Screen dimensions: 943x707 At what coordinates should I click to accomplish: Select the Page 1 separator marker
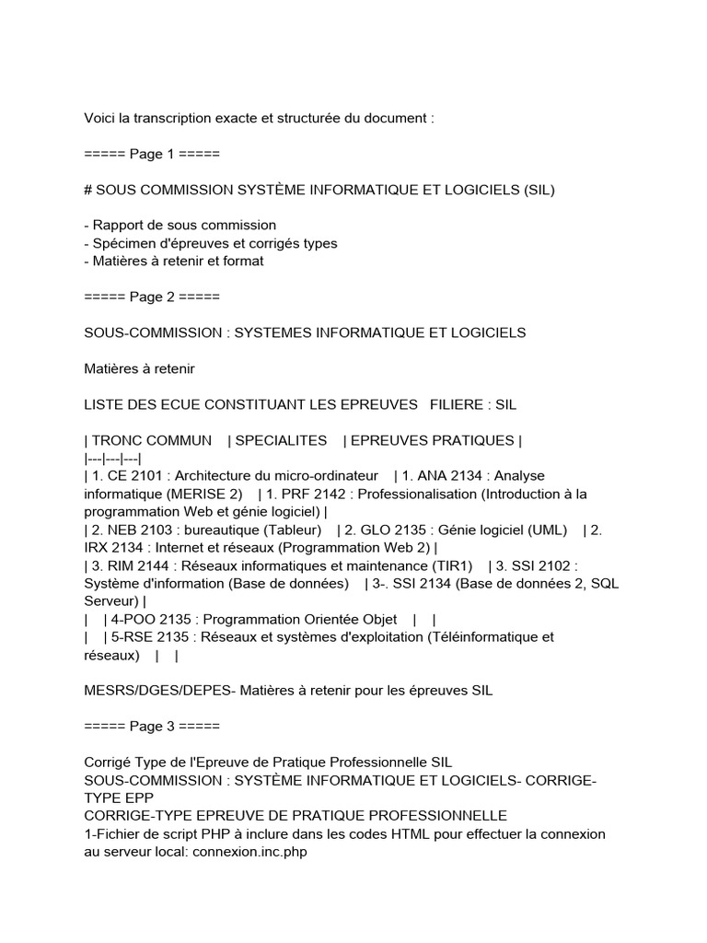[x=152, y=154]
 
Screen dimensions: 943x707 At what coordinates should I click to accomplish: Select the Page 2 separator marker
[x=152, y=297]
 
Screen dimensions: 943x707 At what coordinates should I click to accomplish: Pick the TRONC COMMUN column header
[x=152, y=441]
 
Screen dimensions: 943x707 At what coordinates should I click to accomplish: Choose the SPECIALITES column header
[x=281, y=441]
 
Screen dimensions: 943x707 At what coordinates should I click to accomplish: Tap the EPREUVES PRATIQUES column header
[x=430, y=441]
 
